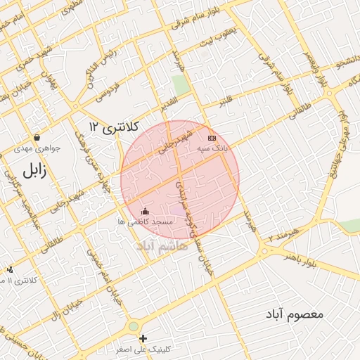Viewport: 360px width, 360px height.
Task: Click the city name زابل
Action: tap(34, 171)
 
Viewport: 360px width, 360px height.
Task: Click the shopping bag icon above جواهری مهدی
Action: tap(37, 136)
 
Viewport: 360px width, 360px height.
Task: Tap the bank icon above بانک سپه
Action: tap(212, 138)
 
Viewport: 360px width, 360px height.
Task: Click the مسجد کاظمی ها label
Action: tap(145, 221)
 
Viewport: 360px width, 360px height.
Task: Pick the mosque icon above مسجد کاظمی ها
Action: tap(145, 210)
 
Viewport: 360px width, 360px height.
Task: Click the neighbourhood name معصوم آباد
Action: tap(295, 314)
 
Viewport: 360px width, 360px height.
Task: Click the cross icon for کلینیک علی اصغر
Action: tap(143, 338)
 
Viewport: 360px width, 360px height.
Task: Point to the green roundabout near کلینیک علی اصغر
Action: tap(133, 326)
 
